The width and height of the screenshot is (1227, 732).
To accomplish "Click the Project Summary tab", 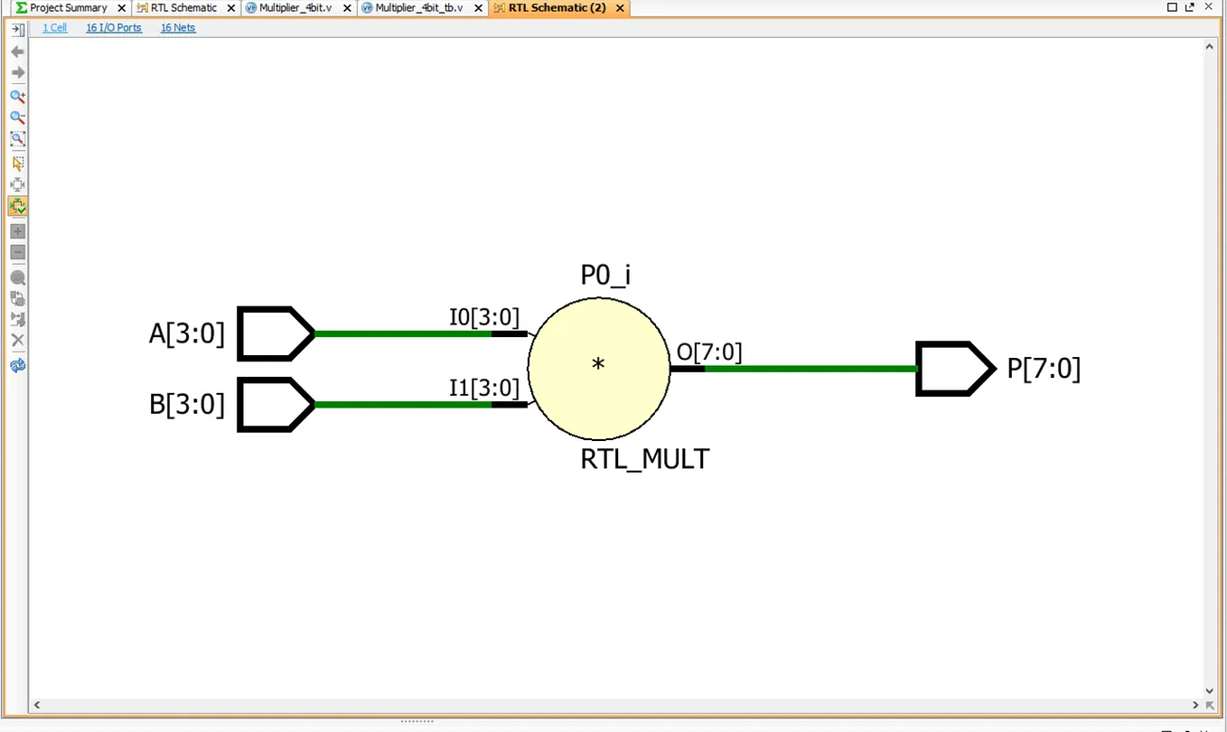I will pos(68,8).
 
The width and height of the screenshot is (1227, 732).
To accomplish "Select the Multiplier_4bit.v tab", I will pos(295,8).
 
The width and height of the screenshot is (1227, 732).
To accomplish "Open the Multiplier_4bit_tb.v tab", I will pos(418,8).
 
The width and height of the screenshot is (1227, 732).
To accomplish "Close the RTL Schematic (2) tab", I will pos(620,8).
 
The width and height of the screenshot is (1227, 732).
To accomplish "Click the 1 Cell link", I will pos(55,28).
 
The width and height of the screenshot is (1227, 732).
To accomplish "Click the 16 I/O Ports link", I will pos(114,28).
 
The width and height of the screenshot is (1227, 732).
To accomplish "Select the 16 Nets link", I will pos(178,28).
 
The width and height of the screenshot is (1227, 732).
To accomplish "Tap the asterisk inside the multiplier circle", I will pos(598,364).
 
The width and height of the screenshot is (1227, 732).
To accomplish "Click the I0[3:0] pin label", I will pos(484,317).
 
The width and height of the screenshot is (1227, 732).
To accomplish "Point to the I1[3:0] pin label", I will pos(484,389).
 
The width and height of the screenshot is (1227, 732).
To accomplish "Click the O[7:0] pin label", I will pos(709,352).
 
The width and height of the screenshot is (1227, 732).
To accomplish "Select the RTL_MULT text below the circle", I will pos(644,459).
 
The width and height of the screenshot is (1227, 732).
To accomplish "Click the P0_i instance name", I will pos(604,275).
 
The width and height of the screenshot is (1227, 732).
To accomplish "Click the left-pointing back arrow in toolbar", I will pos(17,52).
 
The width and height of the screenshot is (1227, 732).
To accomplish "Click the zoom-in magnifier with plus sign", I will pos(17,97).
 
